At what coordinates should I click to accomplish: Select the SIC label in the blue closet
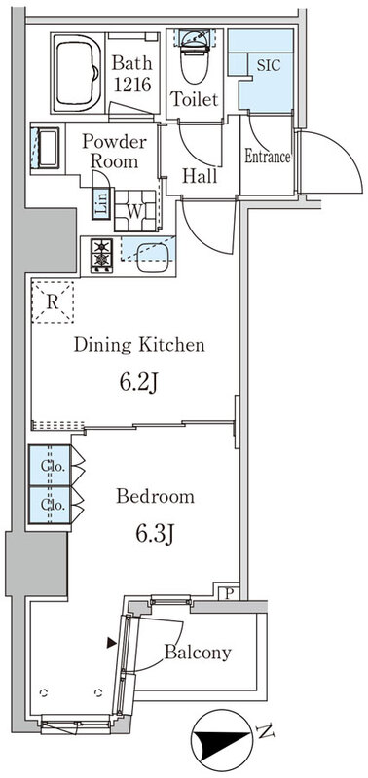(x=268, y=64)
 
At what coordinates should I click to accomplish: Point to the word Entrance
(x=268, y=157)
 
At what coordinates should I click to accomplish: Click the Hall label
(x=201, y=176)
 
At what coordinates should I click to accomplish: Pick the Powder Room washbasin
(x=45, y=148)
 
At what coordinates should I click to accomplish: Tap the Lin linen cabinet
(x=101, y=203)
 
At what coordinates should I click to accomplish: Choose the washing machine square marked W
(x=134, y=210)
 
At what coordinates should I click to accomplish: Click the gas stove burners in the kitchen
(x=102, y=255)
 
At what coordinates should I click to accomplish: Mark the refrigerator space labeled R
(x=53, y=302)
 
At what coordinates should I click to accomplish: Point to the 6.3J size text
(x=155, y=534)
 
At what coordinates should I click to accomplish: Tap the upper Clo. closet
(x=50, y=466)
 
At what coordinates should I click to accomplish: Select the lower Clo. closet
(x=50, y=505)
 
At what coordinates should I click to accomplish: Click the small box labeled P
(x=228, y=592)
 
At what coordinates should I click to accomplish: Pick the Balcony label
(x=199, y=653)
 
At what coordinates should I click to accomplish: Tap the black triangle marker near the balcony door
(x=112, y=643)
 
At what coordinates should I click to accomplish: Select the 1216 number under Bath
(x=132, y=85)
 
